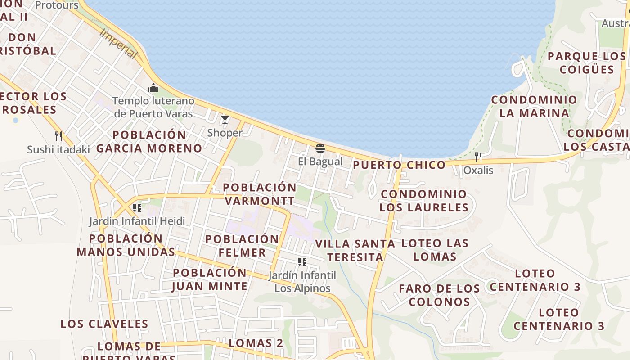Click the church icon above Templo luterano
[x=153, y=88]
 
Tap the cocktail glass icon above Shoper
[x=225, y=120]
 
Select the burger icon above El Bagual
[x=320, y=148]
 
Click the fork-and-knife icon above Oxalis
[x=478, y=157]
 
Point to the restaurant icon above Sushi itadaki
[x=58, y=136]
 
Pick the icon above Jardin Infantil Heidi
[x=137, y=208]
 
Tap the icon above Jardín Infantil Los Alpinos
[x=302, y=262]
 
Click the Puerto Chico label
[x=399, y=165]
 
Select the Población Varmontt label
[x=260, y=194]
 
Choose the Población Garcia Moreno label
[x=149, y=141]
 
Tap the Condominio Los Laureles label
[x=424, y=201]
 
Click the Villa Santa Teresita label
[x=355, y=250]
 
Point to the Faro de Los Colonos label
[x=440, y=295]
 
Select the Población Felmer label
[x=242, y=246]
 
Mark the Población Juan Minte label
[x=210, y=279]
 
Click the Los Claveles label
[x=104, y=324]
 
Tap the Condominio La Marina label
[x=534, y=106]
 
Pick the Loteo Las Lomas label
[x=435, y=250]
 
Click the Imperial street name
[x=118, y=44]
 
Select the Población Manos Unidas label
[x=126, y=245]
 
